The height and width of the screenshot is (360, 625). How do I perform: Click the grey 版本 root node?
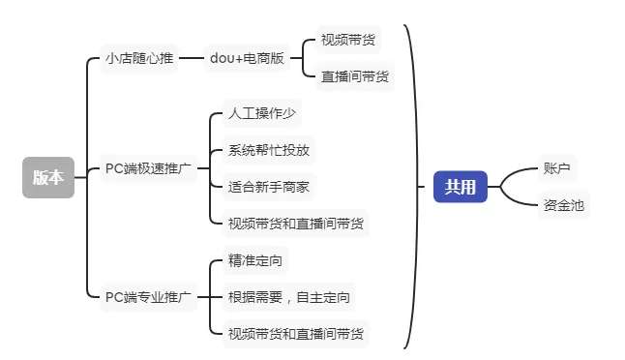(48, 177)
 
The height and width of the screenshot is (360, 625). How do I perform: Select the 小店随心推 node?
(139, 58)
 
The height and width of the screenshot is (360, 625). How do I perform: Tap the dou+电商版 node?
(247, 58)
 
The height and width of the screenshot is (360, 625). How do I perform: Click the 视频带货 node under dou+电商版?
(349, 41)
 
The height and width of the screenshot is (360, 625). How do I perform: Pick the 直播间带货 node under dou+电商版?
(355, 75)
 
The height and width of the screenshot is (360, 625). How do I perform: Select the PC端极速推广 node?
(148, 168)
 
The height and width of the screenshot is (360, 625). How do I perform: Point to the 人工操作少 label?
(261, 114)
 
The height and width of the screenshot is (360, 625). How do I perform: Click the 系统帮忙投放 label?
(269, 150)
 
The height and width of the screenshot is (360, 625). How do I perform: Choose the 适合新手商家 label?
(269, 186)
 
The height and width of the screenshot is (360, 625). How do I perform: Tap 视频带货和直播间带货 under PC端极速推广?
(296, 223)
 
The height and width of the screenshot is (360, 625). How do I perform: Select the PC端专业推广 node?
(148, 296)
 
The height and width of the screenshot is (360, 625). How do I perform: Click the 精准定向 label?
(256, 260)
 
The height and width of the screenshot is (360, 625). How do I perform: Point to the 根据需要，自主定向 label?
(288, 296)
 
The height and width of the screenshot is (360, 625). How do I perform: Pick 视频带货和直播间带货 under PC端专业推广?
(296, 333)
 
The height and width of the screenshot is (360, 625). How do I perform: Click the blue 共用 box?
(460, 186)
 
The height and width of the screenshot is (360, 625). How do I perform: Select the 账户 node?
(556, 167)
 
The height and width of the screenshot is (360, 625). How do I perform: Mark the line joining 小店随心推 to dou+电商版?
(193, 58)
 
